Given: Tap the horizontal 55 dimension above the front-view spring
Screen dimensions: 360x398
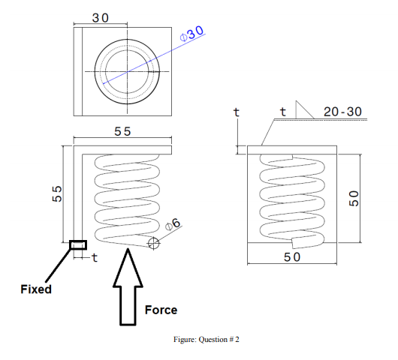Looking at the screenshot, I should [122, 131].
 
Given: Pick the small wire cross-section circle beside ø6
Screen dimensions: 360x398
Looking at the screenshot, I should [154, 242].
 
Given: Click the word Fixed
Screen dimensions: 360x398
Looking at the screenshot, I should [36, 288].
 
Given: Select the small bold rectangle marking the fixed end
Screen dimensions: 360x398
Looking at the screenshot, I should [78, 244].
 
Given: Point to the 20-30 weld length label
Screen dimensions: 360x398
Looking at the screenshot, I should [342, 112].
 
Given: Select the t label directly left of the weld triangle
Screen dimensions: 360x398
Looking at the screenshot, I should [282, 112].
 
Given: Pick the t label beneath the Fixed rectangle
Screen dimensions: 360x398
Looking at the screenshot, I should [94, 258].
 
